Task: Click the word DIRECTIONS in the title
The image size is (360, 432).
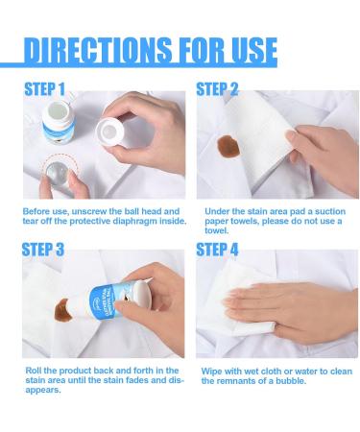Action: pos(98,50)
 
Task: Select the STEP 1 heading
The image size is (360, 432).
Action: pos(45,89)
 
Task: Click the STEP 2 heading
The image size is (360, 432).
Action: pos(217,89)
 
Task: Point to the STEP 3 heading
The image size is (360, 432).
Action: pos(43,250)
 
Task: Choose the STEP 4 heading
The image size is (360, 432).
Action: pos(217,250)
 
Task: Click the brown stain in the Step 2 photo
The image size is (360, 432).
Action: pos(228,146)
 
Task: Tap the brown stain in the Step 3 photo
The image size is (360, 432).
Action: pos(63,311)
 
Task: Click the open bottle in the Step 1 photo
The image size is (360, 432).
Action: pos(58,122)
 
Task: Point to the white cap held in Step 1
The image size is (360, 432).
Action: pos(109,132)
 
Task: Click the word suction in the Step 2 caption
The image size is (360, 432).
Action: pos(330,211)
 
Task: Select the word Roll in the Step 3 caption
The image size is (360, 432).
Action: pos(33,371)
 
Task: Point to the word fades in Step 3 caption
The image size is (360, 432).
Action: pos(137,380)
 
